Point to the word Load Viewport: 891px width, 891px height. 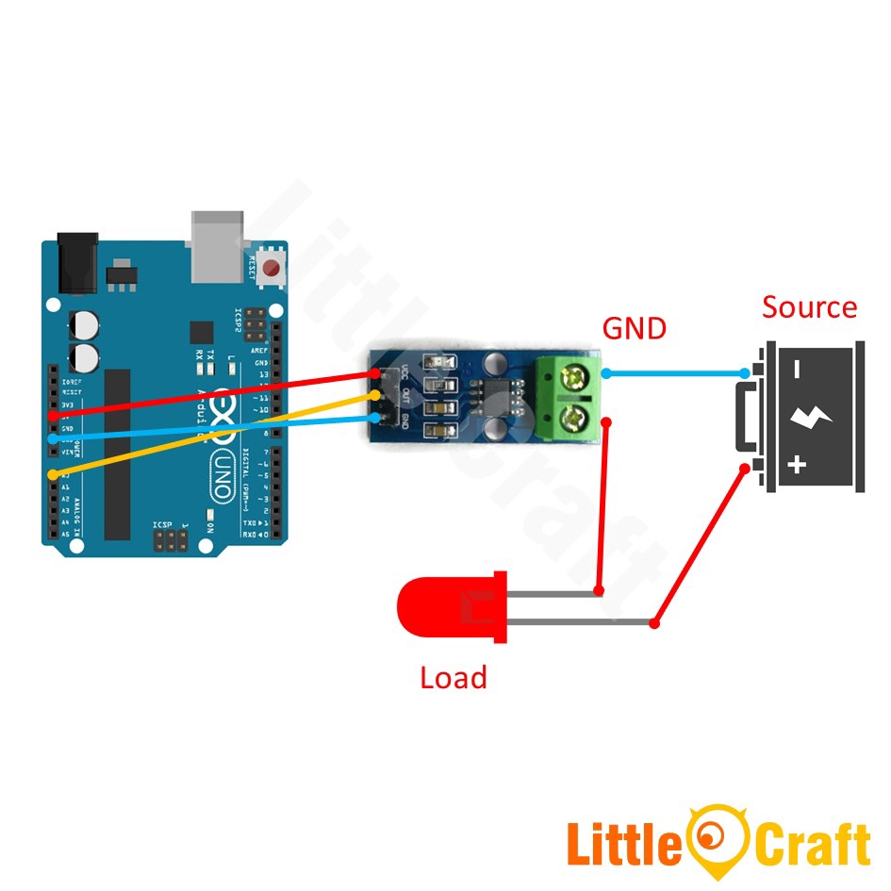coord(453,677)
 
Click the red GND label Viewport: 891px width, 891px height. coord(634,328)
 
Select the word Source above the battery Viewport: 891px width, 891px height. coord(809,307)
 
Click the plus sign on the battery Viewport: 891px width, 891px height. coord(798,463)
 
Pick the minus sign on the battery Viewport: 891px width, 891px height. coord(798,371)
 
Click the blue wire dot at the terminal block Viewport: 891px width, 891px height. coord(606,373)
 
